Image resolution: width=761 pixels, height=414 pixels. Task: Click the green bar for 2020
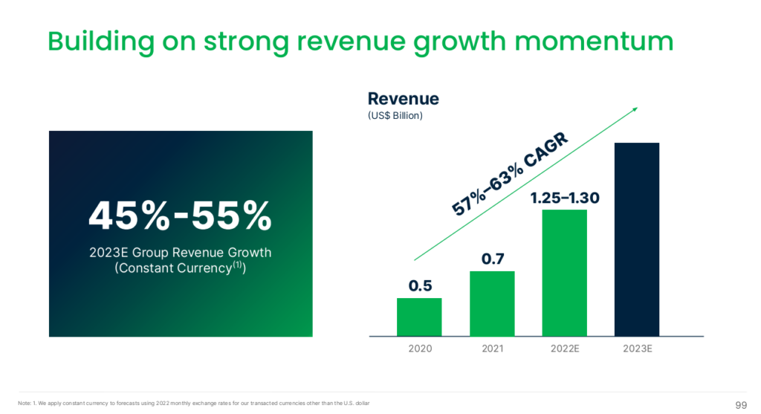tap(419, 317)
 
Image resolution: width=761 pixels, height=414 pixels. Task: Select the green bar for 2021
tap(492, 303)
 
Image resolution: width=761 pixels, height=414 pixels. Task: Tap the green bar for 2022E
tap(565, 273)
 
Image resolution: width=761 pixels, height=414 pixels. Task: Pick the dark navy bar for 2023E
tap(637, 239)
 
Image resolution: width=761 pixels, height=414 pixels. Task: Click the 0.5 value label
tap(419, 285)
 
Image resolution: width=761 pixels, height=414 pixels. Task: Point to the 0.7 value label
tap(492, 259)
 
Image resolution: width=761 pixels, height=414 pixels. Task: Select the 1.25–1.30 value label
tap(565, 198)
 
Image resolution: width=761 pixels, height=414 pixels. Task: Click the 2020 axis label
tap(419, 348)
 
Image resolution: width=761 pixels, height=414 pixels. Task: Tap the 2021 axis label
tap(492, 348)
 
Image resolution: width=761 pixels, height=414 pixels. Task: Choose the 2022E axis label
tap(565, 348)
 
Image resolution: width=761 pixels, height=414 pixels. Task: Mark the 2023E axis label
tap(637, 348)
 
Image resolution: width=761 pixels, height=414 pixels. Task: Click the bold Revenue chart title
tap(404, 99)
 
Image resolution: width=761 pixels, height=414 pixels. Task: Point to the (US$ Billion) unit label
tap(395, 116)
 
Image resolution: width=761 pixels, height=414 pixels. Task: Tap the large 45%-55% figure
tap(180, 216)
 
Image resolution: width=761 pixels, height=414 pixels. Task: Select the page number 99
tap(740, 404)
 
